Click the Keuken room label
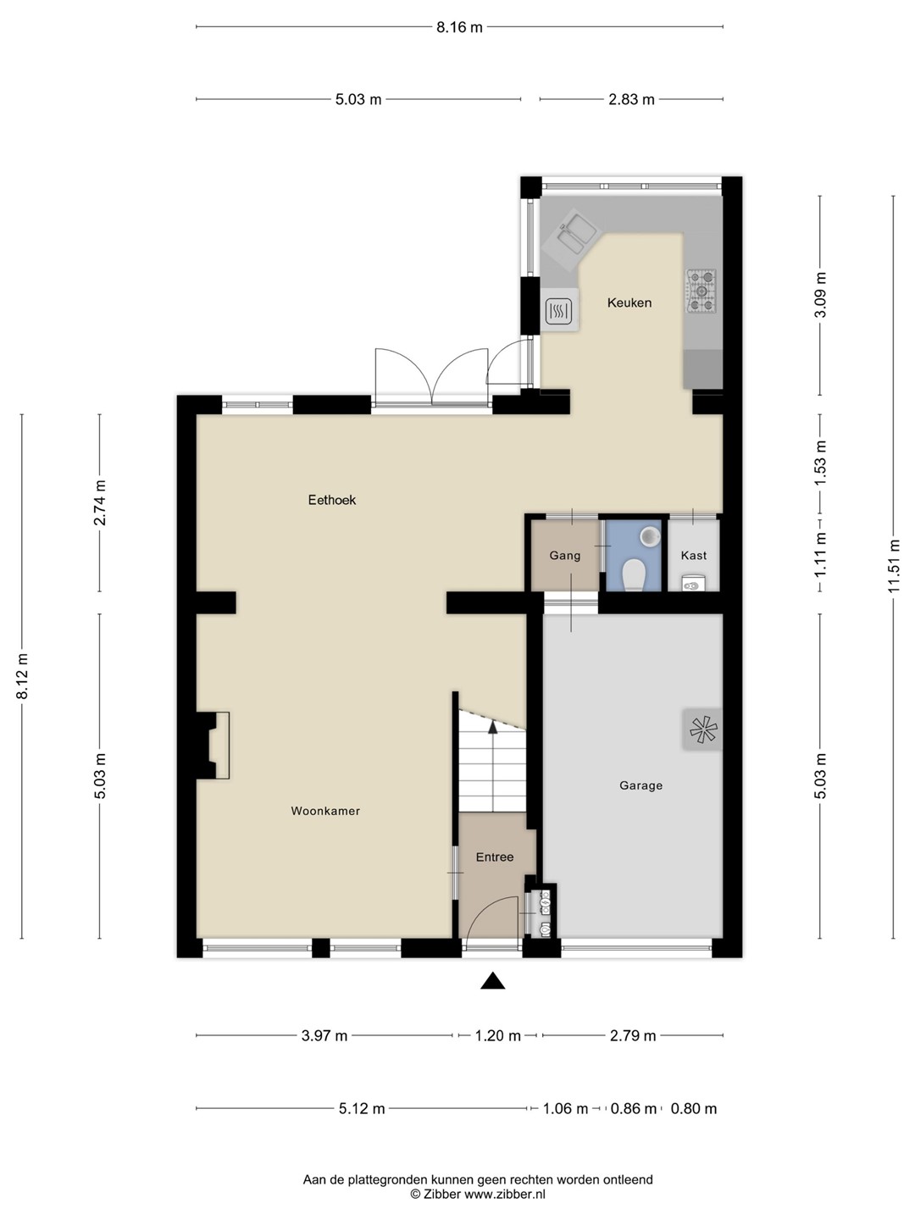point(629,303)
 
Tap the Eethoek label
point(331,500)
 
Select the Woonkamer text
point(325,811)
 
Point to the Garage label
point(640,785)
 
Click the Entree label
point(495,857)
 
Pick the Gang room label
point(564,555)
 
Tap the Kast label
point(693,555)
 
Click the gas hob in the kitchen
point(701,290)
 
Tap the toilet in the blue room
point(634,575)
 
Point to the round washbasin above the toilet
point(649,536)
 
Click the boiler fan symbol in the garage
point(703,729)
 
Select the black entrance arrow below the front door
point(493,982)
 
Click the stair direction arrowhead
point(492,727)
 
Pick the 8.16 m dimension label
point(459,26)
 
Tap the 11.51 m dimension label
point(893,566)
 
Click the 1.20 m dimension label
point(498,1035)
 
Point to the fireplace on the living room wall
point(213,745)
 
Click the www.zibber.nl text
point(504,1194)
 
